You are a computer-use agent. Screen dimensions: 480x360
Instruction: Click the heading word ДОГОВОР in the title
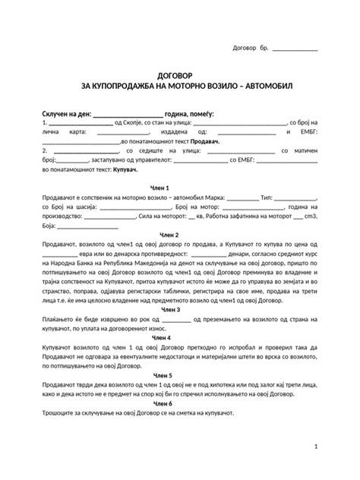click(180, 76)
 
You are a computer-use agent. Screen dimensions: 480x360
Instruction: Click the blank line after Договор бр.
click(295, 50)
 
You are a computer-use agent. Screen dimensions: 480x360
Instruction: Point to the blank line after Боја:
click(87, 226)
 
